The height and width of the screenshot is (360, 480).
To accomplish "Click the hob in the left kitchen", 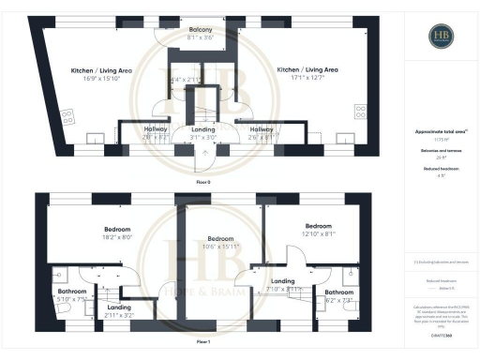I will pyautogui.click(x=67, y=117).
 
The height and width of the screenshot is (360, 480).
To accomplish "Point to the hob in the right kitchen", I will pyautogui.click(x=361, y=112).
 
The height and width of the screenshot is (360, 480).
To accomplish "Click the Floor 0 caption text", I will pyautogui.click(x=202, y=180).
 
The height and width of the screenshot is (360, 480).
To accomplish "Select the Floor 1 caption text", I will pyautogui.click(x=202, y=344).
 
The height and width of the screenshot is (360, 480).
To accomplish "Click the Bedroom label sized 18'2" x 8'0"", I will pyautogui.click(x=118, y=229).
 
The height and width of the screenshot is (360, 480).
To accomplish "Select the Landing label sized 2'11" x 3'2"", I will pyautogui.click(x=119, y=307).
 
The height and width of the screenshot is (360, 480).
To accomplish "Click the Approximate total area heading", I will pyautogui.click(x=441, y=131).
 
